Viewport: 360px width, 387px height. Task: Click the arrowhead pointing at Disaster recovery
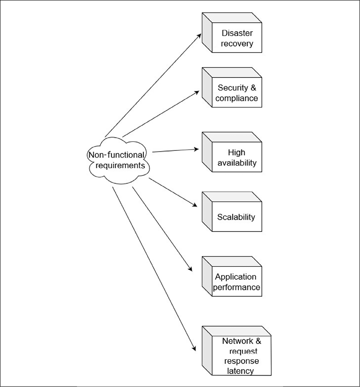[200, 34]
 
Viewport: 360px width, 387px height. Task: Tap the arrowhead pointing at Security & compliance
[198, 92]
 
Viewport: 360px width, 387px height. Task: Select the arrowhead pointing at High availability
[197, 149]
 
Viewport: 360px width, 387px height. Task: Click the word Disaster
[237, 33]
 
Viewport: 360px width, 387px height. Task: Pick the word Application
[236, 277]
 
